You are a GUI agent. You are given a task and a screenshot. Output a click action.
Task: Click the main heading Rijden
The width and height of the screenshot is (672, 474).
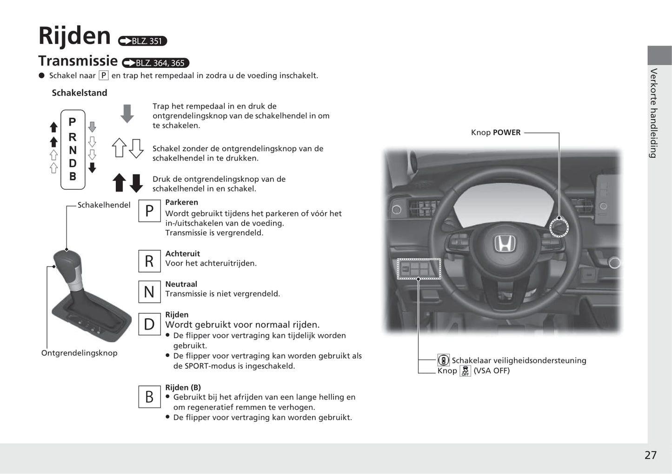tap(74, 36)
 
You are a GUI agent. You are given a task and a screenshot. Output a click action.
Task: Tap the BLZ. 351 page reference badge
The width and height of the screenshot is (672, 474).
tap(142, 41)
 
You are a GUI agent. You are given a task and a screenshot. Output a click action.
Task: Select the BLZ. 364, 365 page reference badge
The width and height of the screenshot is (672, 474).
tap(155, 63)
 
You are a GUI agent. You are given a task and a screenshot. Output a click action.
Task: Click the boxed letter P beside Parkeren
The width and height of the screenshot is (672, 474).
tap(149, 211)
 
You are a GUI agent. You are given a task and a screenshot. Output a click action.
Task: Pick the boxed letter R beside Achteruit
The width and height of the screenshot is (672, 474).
tap(149, 261)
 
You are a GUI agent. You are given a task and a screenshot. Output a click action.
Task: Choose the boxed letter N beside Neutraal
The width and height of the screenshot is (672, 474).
tap(149, 292)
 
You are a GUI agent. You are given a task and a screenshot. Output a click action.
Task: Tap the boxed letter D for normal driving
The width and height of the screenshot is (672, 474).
tap(149, 324)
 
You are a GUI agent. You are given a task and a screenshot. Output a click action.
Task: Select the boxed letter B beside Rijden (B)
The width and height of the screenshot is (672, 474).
tap(149, 397)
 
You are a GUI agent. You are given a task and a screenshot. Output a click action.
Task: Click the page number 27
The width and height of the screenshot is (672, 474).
tap(650, 455)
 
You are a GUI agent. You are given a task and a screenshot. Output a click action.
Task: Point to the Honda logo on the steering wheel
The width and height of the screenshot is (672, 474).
tap(505, 243)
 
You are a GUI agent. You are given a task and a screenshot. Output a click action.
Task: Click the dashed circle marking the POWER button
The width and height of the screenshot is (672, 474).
tap(559, 227)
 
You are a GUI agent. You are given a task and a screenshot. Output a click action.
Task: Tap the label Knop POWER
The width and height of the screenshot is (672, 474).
tap(495, 133)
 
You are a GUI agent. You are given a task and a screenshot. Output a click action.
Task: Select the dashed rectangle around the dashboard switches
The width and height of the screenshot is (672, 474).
tap(419, 269)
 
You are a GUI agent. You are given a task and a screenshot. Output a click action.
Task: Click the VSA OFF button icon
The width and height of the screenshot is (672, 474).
tap(465, 371)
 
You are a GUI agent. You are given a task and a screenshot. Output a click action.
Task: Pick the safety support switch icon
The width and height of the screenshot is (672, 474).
tap(443, 360)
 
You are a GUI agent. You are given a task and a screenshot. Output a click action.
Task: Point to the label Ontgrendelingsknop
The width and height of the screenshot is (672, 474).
tap(79, 353)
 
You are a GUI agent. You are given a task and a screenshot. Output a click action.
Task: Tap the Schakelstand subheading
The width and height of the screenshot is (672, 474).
tap(80, 93)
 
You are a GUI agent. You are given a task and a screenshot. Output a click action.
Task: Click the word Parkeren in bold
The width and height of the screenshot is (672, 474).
tap(181, 202)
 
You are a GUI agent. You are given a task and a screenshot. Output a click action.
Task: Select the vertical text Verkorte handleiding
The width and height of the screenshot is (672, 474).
tap(654, 113)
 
